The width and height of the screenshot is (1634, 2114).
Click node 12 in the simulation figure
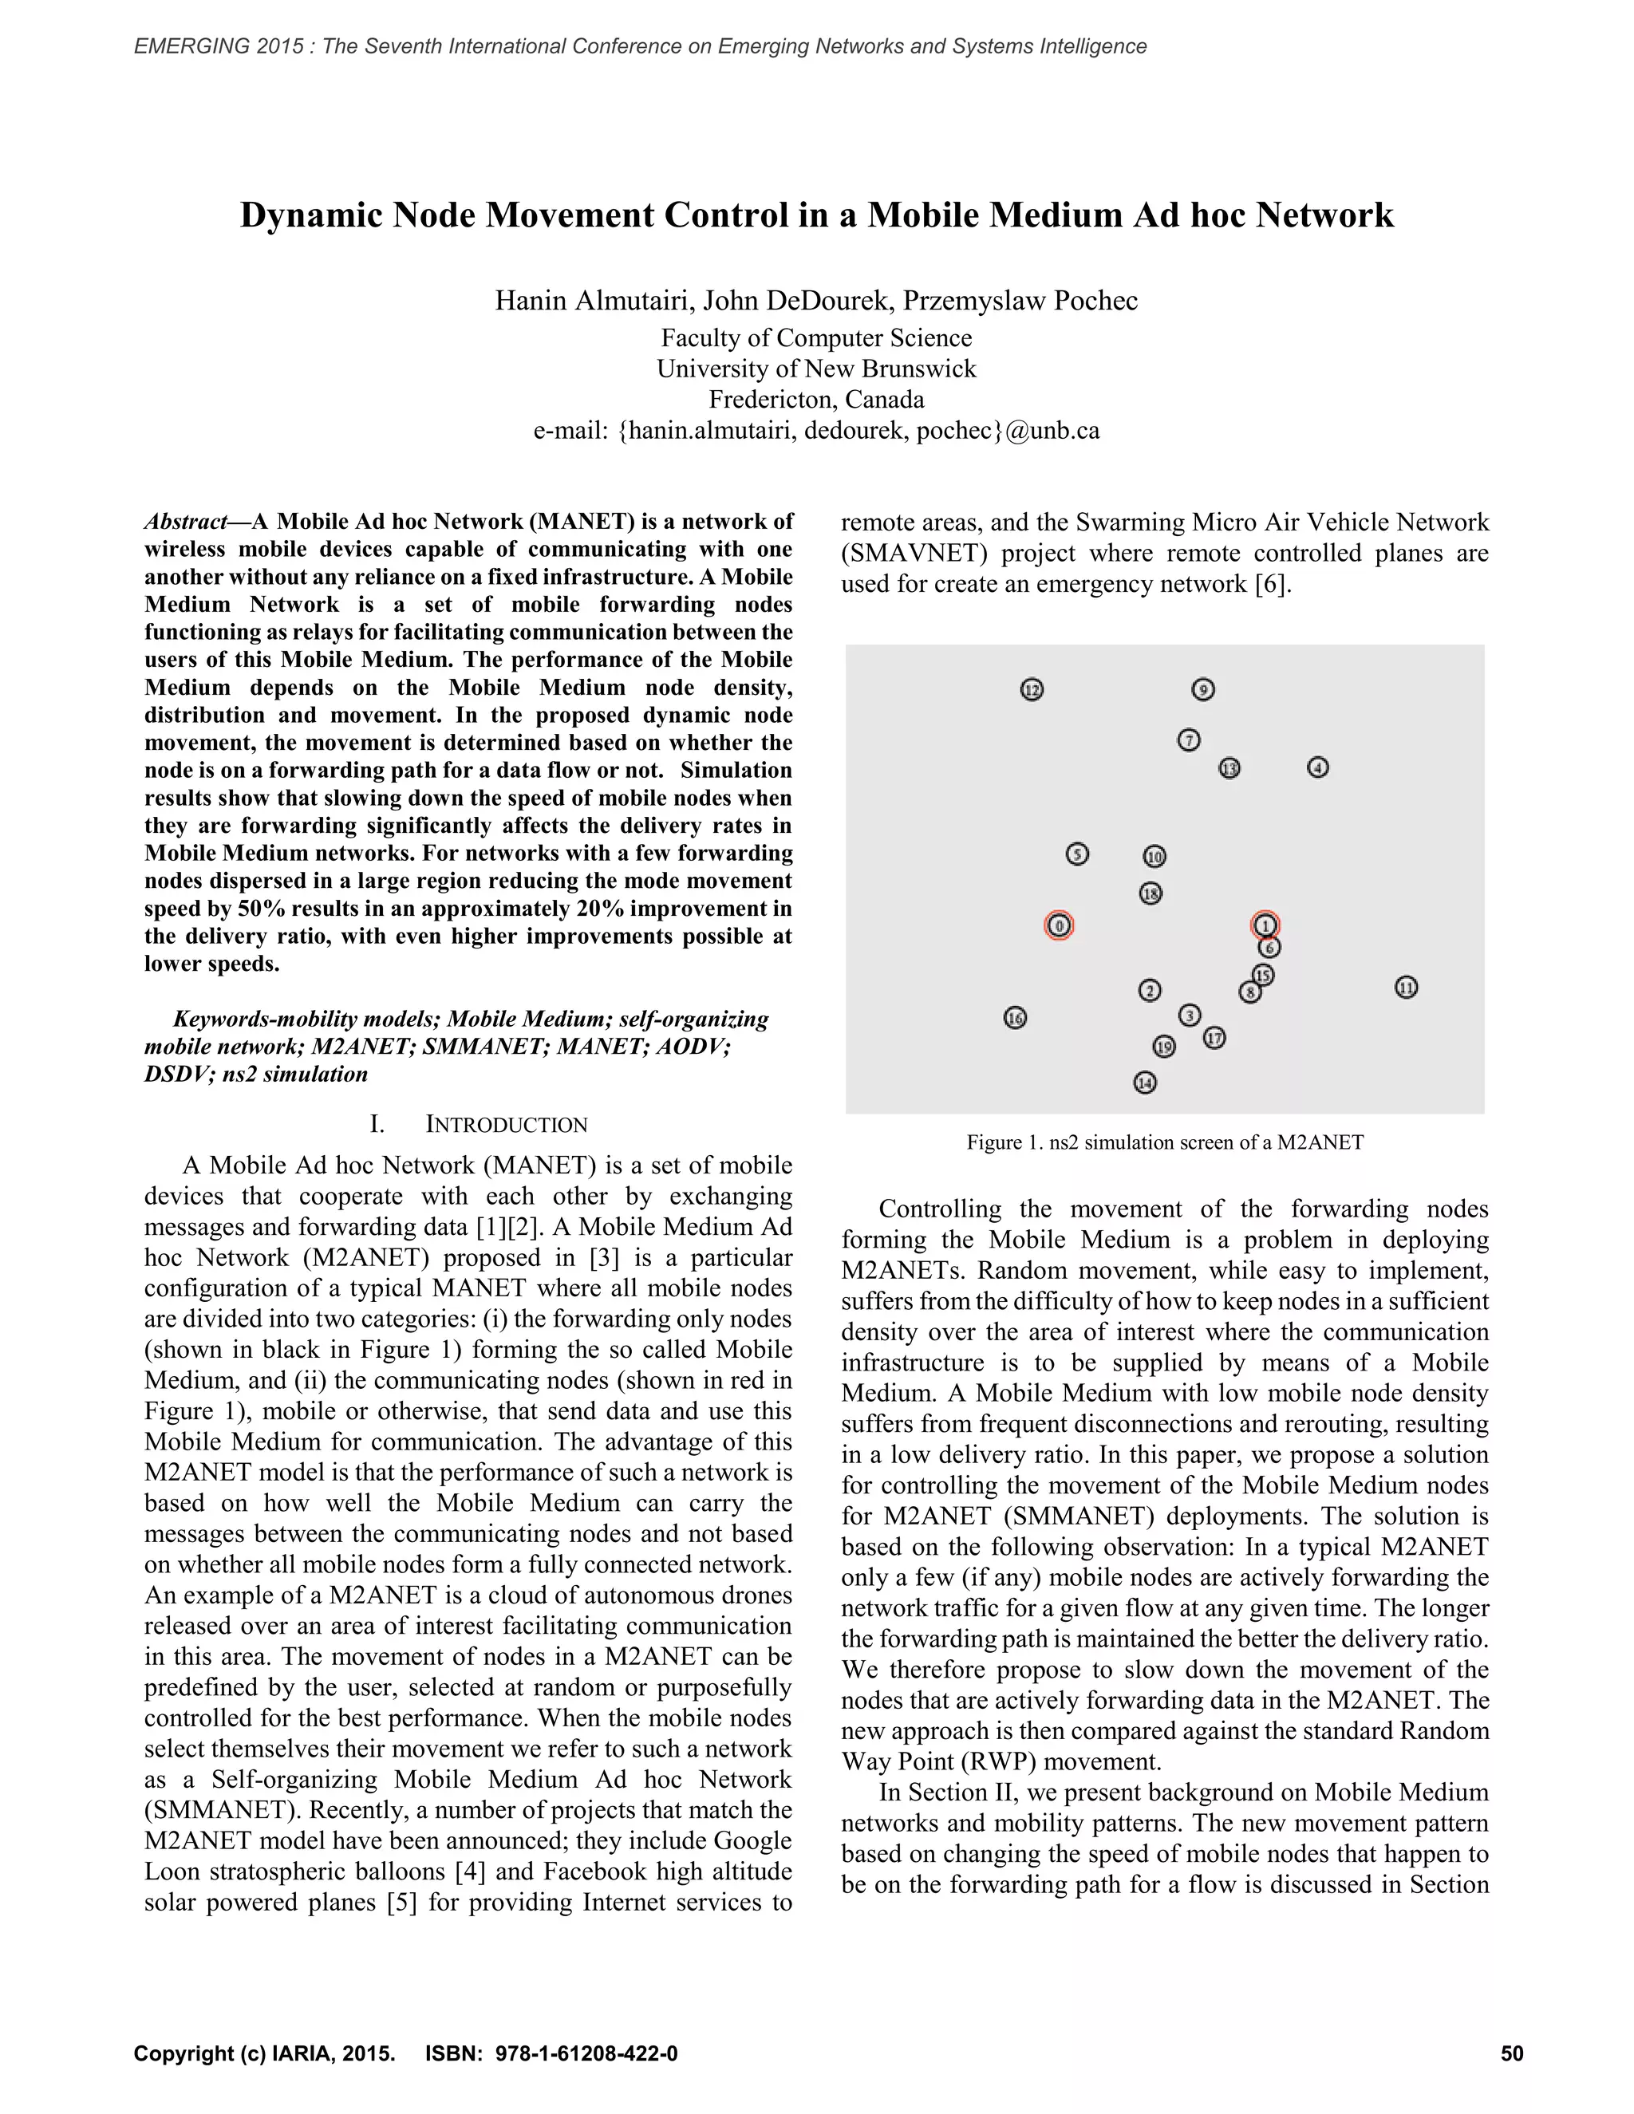(x=1032, y=689)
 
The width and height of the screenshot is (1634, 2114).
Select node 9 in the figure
(x=1202, y=689)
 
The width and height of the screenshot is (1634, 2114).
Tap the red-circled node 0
(x=1059, y=925)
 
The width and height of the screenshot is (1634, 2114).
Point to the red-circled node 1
(x=1265, y=925)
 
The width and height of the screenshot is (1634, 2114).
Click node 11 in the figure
(x=1406, y=988)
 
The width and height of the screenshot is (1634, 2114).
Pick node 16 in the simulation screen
(x=1015, y=1017)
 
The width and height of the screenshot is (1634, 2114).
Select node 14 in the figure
(x=1145, y=1083)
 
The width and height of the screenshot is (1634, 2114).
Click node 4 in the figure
(x=1317, y=767)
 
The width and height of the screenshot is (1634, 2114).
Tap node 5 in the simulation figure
(x=1077, y=854)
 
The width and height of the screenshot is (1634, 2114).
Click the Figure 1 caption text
(x=1165, y=1142)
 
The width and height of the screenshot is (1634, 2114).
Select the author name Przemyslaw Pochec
(x=1020, y=301)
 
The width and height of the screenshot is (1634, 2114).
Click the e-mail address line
(x=816, y=431)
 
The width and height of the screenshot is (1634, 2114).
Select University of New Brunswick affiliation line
(x=816, y=369)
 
